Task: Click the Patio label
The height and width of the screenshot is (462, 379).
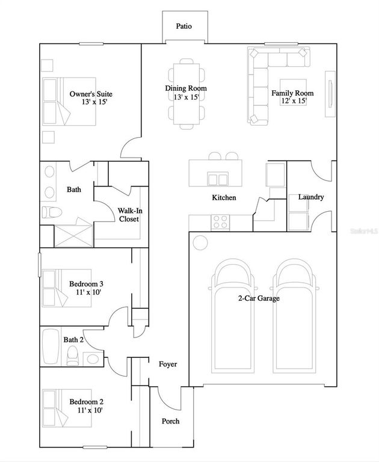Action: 184,26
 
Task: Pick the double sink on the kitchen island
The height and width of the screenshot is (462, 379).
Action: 217,179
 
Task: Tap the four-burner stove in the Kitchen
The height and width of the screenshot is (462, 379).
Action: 220,223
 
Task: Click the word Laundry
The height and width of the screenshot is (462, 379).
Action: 311,197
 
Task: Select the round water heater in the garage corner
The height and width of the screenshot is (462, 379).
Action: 199,243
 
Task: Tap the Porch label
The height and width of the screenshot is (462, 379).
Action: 170,421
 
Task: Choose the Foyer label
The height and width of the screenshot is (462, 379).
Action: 168,365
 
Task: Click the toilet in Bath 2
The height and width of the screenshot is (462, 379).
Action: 72,356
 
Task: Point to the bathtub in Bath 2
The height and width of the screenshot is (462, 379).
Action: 50,347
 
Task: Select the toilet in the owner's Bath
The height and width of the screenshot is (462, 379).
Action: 51,212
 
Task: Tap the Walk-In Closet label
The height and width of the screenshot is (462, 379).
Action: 128,215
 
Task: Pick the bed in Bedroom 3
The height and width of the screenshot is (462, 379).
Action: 66,288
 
